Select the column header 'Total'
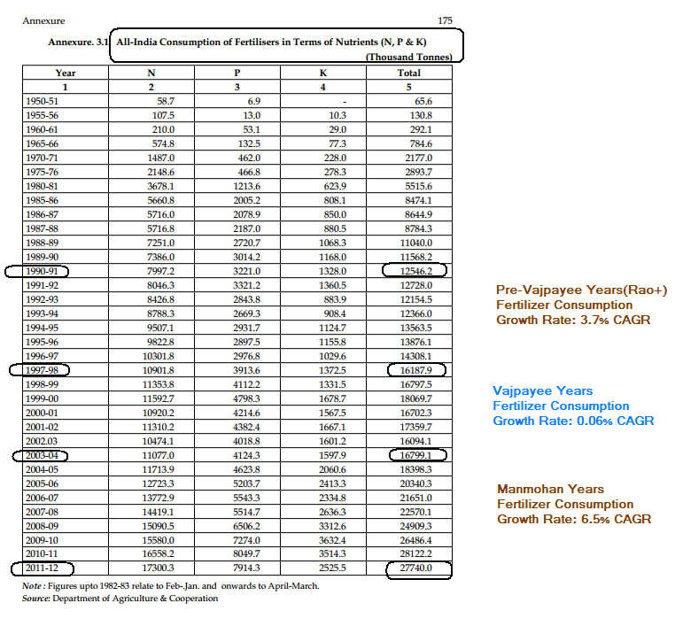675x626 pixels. (x=409, y=73)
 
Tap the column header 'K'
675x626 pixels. (x=322, y=73)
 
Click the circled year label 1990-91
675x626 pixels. (x=40, y=271)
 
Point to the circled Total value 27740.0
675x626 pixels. (x=416, y=568)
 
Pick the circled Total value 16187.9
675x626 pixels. (x=416, y=369)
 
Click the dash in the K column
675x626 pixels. (x=342, y=102)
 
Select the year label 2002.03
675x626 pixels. (x=41, y=441)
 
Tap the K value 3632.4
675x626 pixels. (x=330, y=540)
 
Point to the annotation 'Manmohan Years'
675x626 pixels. (x=550, y=489)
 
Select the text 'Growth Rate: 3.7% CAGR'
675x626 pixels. (x=572, y=319)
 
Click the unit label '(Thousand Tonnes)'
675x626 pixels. (x=408, y=57)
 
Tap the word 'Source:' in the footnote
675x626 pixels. (x=36, y=599)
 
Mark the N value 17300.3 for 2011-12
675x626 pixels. (x=158, y=568)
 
